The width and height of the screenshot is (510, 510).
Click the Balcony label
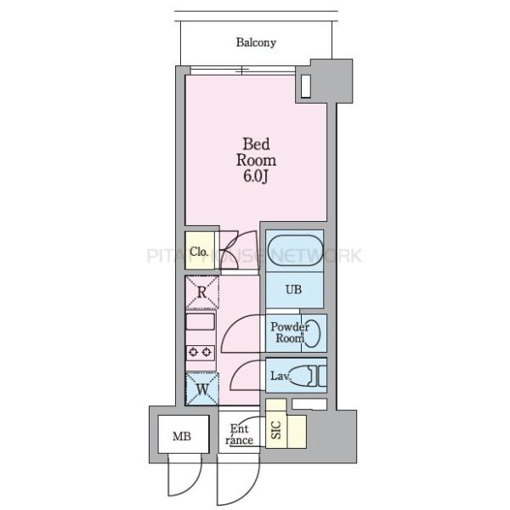point(256,42)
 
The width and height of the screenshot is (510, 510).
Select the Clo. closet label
point(200,251)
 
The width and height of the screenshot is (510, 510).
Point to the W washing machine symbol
point(202,390)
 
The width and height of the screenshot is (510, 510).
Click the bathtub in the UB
point(294,251)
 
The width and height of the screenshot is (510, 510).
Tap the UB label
point(293,290)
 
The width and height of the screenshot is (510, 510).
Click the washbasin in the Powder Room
point(314,332)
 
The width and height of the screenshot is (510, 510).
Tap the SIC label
point(275,432)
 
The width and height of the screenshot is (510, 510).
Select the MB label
point(182,438)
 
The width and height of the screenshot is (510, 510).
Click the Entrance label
point(239,434)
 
